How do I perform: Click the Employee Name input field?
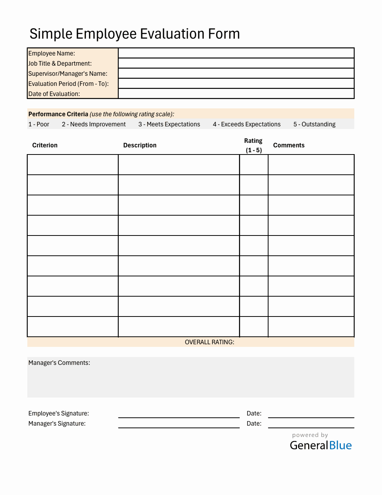236,53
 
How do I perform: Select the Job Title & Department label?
60,64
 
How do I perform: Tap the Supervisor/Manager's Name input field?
236,73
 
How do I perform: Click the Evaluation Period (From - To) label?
69,84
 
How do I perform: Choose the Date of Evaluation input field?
236,93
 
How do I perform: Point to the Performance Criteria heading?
58,114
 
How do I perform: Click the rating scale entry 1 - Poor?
39,124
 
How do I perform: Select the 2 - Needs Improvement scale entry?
94,124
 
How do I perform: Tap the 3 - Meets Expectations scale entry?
169,124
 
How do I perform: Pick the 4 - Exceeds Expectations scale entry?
246,124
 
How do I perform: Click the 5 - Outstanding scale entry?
314,124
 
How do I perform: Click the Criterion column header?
45,145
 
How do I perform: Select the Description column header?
140,145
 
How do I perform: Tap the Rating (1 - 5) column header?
254,145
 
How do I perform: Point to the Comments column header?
289,145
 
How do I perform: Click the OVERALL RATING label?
209,342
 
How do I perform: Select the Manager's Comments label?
59,363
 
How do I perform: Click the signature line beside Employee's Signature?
179,414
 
